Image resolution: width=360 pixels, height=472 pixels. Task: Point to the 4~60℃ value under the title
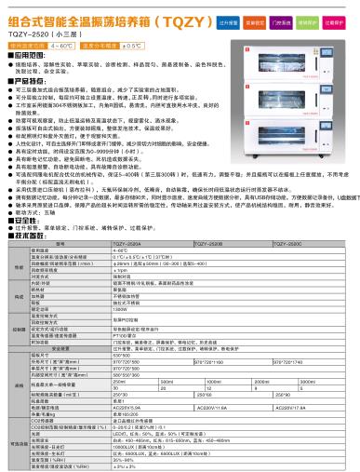63,45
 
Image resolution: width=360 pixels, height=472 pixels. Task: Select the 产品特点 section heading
25,83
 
